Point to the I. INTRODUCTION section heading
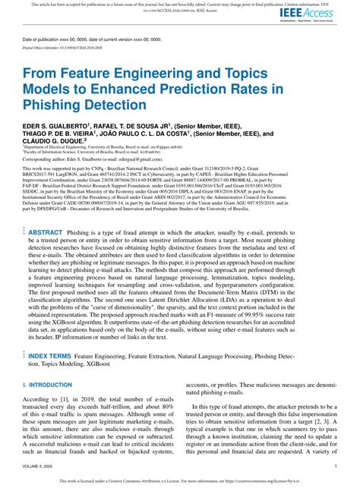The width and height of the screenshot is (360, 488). click(x=50, y=386)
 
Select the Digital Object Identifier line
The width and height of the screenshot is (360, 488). click(x=60, y=47)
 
